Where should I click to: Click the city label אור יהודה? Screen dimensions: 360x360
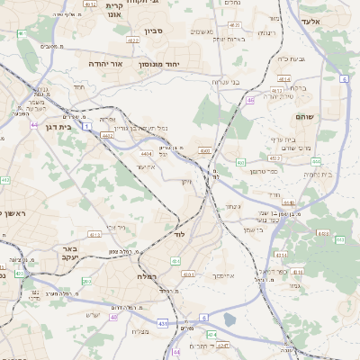coord(107,65)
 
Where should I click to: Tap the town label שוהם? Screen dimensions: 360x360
coord(303,117)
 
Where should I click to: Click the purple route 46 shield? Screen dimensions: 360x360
coord(251,102)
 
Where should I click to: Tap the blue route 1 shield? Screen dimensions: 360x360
coord(86,128)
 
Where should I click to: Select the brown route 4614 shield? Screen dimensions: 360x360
coord(284,79)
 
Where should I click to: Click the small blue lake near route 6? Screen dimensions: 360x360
coord(229,319)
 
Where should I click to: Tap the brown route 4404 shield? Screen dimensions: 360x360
coord(146,154)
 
